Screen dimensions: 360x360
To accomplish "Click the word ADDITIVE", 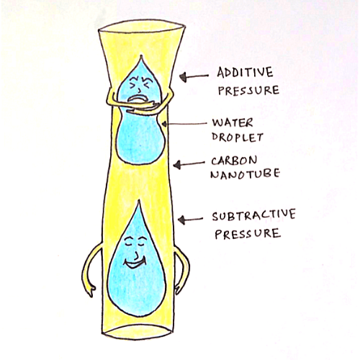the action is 245,72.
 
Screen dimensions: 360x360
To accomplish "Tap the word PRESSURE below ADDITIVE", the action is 248,90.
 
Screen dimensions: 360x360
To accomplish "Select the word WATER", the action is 233,123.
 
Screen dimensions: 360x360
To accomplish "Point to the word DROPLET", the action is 237,138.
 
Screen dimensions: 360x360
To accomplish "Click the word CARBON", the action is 234,161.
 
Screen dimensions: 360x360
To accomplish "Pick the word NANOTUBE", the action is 245,174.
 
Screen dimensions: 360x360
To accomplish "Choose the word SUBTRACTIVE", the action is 253,215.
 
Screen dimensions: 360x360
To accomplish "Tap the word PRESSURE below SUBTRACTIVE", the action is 248,234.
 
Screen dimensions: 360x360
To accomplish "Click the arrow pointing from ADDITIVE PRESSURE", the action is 194,77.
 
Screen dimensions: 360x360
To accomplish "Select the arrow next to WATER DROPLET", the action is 184,124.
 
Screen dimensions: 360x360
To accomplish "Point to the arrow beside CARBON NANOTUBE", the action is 189,164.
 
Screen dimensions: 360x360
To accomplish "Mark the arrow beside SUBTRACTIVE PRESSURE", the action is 190,220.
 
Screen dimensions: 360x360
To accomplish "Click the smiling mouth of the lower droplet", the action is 135,264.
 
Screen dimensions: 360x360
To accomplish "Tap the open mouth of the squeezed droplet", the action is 136,99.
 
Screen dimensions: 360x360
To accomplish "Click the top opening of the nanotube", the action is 142,27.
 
